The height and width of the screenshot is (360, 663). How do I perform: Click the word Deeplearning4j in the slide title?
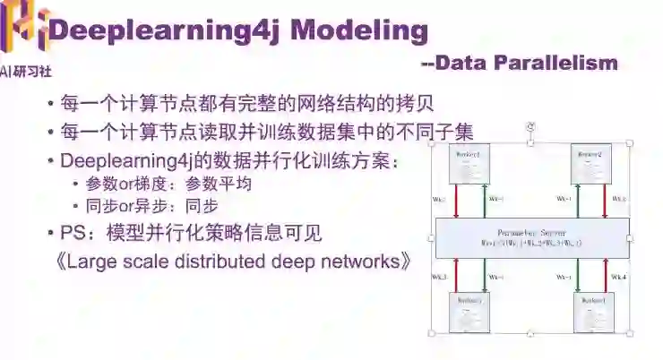coord(164,30)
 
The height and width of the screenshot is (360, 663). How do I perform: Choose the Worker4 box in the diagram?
coord(590,312)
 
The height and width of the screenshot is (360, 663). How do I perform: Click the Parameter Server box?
coord(530,238)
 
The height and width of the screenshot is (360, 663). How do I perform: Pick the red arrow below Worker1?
coord(459,198)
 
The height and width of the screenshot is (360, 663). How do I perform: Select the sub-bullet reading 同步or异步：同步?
coord(151,205)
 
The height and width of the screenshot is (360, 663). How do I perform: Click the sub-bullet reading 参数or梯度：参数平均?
coord(168,184)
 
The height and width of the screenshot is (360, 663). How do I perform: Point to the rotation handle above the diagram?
coord(530,127)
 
